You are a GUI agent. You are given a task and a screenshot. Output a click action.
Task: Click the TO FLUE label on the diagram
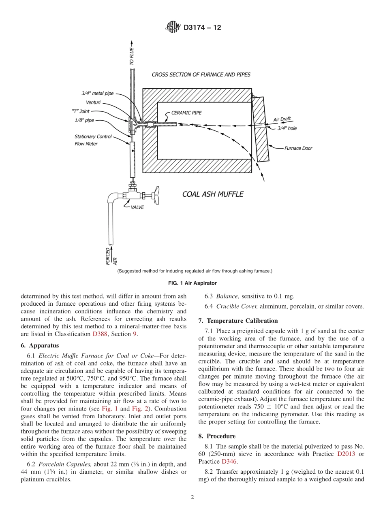coord(131,57)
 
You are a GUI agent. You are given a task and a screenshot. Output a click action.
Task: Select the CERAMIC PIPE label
coord(186,113)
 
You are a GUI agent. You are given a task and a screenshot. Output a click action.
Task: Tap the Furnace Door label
coord(298,148)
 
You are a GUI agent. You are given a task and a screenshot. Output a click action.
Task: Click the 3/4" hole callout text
coord(287,128)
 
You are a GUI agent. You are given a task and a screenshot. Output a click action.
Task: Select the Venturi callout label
coord(93,102)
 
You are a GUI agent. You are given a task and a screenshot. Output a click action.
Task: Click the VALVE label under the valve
coord(137,207)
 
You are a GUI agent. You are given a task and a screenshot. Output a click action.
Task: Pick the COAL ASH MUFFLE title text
coord(213,194)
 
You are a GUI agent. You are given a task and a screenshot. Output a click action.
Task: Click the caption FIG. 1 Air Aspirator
coord(192,283)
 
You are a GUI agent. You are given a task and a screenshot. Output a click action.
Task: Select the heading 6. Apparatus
coord(40,345)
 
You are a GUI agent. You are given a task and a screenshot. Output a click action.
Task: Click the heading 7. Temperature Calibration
coord(238,321)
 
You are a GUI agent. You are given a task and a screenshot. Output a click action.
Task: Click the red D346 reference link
coord(229,462)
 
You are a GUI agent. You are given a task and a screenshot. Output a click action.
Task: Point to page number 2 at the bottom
coord(192,498)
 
